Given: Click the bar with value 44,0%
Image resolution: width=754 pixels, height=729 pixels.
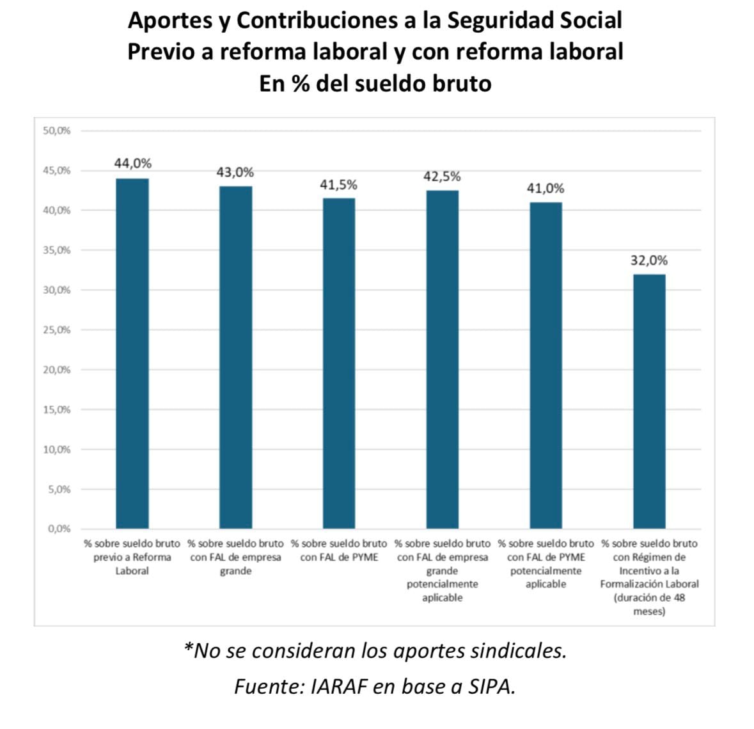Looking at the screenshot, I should [132, 353].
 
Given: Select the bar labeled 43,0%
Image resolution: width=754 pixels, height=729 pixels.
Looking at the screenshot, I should [235, 357].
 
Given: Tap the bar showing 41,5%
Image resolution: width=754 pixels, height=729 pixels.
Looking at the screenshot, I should [339, 363].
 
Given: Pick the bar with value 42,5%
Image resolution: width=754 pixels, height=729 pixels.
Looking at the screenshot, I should [443, 359].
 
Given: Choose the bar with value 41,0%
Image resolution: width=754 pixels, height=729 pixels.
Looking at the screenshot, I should [546, 365].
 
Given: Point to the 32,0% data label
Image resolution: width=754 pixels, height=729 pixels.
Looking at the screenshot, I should [649, 260].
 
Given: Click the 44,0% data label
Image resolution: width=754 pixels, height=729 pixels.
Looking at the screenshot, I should [133, 164].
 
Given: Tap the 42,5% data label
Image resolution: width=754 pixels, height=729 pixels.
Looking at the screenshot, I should [442, 176].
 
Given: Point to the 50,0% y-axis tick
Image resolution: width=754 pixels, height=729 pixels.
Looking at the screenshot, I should [57, 131].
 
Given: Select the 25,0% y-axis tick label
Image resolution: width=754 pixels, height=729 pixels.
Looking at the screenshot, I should [57, 330].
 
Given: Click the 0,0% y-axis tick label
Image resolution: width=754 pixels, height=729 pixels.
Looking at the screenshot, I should [59, 529].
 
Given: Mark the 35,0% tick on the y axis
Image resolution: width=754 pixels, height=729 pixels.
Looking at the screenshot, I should [57, 250].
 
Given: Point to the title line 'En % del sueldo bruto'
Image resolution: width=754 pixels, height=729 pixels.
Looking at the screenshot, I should [375, 84].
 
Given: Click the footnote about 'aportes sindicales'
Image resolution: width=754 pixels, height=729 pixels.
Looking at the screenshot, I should [375, 651].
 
